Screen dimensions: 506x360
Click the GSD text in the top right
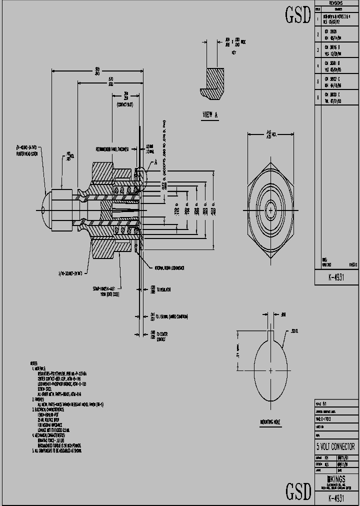[298, 15]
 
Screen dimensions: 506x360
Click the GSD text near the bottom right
[298, 492]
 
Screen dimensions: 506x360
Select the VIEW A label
[210, 115]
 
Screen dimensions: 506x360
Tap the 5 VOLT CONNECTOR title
[335, 446]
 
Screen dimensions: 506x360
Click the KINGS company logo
[335, 479]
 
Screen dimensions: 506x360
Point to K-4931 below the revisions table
[336, 277]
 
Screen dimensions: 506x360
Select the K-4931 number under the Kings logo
[336, 498]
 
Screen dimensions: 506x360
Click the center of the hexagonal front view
[270, 210]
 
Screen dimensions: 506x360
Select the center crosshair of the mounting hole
[270, 370]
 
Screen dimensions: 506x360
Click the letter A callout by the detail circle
[155, 161]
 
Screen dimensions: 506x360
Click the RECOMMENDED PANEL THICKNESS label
[112, 149]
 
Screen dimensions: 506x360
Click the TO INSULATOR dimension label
[164, 289]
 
